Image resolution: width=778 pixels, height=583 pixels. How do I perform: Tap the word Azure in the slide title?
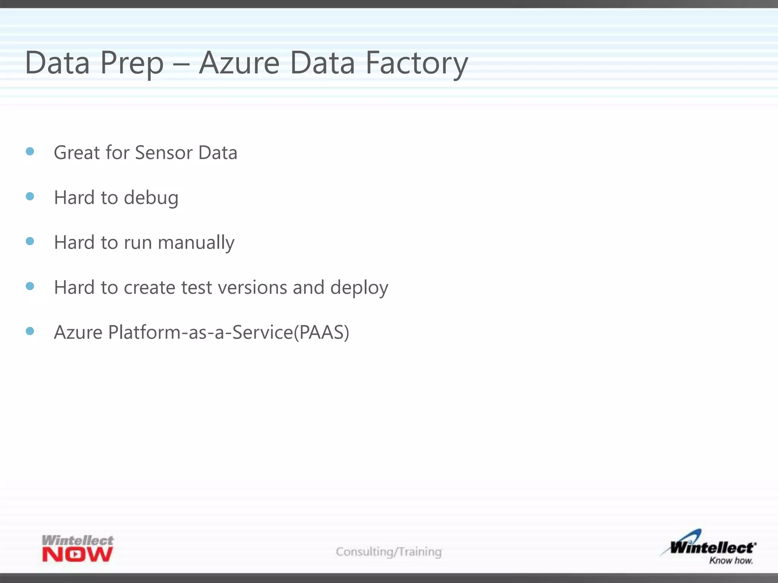tap(239, 63)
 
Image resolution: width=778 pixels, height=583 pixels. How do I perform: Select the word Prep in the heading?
tap(132, 63)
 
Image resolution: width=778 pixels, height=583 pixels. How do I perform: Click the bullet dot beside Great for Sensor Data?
tap(30, 152)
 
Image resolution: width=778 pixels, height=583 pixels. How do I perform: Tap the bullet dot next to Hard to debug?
tap(30, 196)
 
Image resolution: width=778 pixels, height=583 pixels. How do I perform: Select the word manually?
tap(196, 243)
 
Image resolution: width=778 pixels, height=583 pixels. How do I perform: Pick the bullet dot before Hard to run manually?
tap(30, 241)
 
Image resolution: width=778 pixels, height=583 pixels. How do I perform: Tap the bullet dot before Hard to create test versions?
tap(30, 286)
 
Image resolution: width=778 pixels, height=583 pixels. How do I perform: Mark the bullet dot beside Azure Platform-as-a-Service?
tap(30, 331)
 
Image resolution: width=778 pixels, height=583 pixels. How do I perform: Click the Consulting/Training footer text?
tap(389, 551)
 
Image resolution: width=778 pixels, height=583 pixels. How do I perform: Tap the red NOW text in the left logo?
tap(77, 555)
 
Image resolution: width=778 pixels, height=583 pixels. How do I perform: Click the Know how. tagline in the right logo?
tap(731, 561)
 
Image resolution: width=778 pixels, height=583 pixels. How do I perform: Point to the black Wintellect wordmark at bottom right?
tap(712, 548)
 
